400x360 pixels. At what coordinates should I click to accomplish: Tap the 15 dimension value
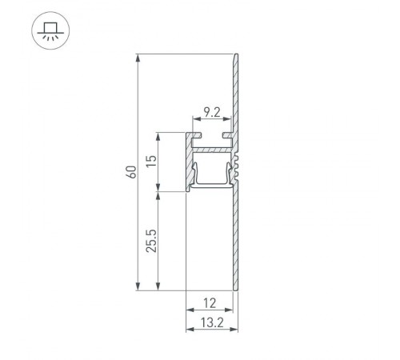(150, 162)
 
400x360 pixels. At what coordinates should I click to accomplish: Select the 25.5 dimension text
(150, 241)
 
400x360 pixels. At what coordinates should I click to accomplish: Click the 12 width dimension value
(210, 302)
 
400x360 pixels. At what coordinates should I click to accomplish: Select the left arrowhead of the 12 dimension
(189, 310)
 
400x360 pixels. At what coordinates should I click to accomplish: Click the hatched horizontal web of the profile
(213, 149)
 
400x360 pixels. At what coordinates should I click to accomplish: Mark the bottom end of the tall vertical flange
(236, 288)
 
